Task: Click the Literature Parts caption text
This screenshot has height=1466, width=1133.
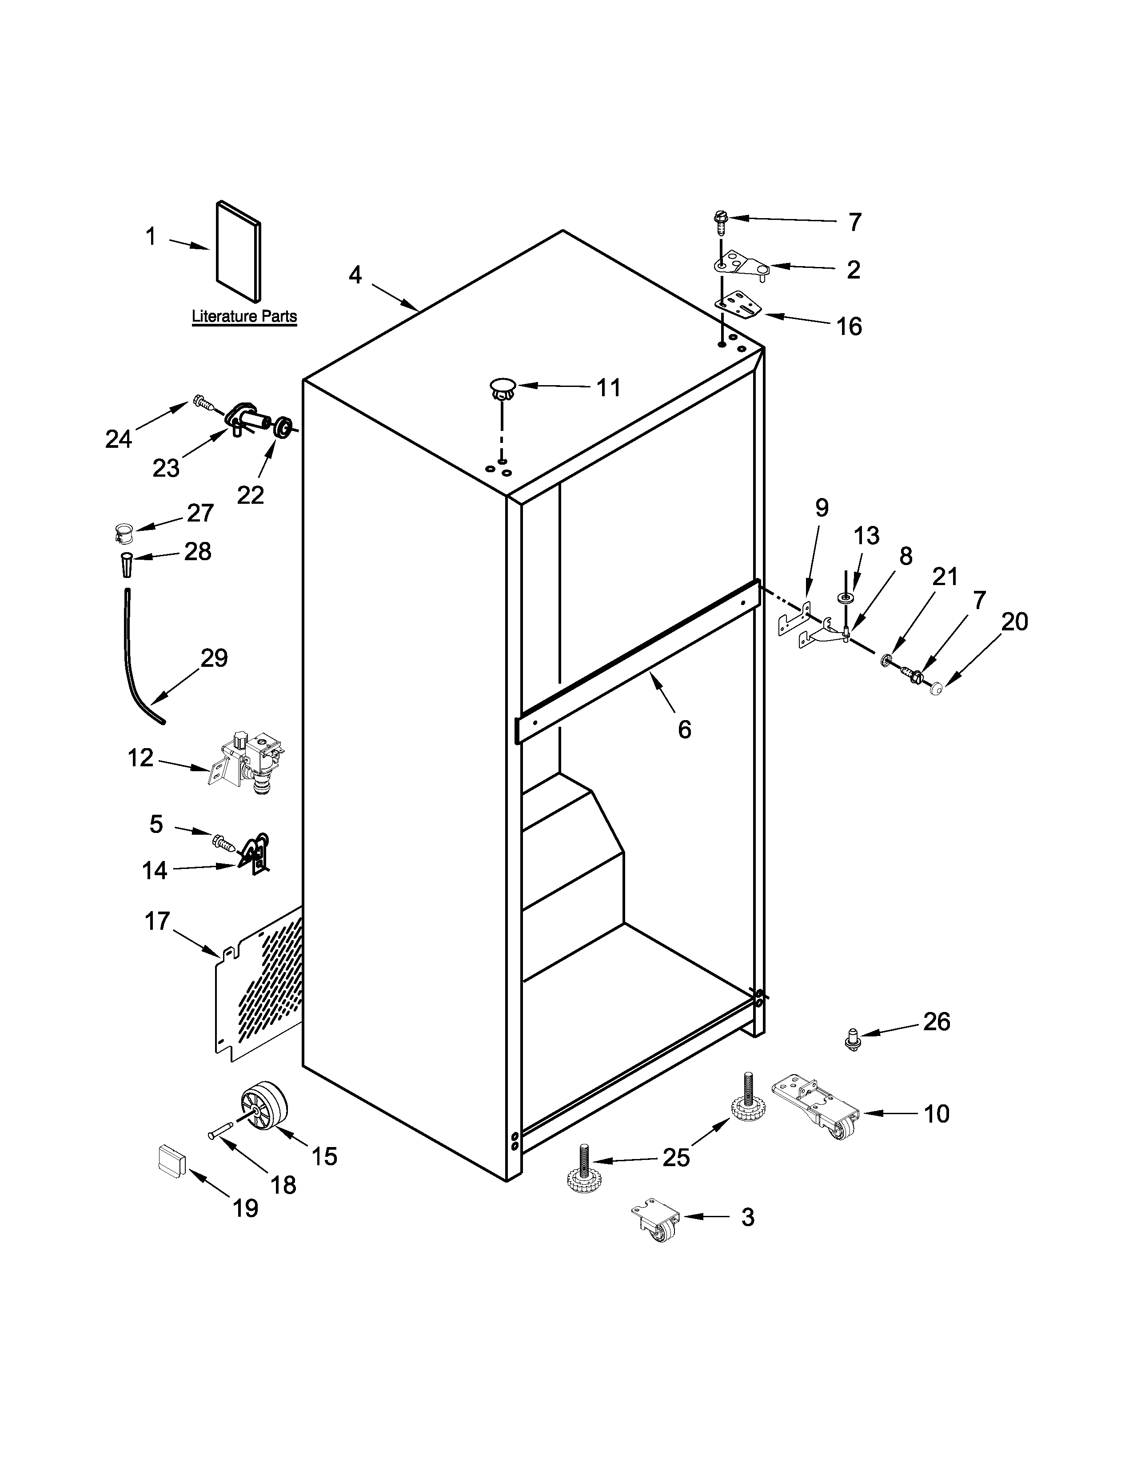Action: pos(244,316)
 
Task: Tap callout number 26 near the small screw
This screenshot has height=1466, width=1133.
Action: pos(936,1022)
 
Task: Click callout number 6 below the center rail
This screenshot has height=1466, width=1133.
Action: pos(684,729)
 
